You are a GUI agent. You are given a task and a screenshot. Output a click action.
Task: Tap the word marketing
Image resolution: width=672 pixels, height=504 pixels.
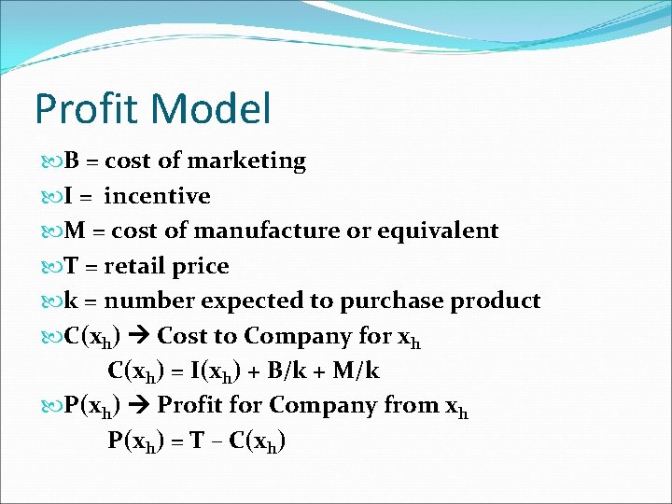point(247,161)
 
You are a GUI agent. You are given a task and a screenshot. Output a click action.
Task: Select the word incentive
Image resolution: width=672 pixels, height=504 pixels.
point(157,196)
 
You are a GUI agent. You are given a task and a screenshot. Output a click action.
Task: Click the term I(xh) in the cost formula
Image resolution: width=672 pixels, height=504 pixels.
point(217,371)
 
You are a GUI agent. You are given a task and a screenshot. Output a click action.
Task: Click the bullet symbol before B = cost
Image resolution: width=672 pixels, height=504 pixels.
point(49,161)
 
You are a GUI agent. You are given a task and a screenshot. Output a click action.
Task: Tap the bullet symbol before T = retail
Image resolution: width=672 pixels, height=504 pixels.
point(49,267)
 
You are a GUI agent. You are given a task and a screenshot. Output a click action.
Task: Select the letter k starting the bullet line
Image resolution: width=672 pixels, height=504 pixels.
point(72,301)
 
